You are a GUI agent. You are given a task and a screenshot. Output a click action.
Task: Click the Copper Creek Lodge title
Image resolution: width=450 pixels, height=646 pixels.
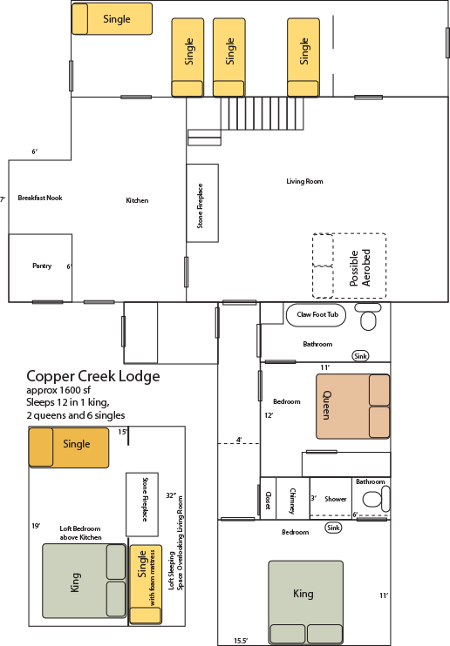coord(93,376)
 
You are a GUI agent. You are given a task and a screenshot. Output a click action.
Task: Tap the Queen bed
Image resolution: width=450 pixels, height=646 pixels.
coord(352,407)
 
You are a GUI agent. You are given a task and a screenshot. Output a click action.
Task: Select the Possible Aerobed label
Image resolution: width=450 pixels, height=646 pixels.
coord(359,268)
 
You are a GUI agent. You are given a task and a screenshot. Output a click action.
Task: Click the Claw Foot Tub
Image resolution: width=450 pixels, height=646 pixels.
coord(317,315)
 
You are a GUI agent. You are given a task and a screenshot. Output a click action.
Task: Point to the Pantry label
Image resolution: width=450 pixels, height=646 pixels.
coord(42,266)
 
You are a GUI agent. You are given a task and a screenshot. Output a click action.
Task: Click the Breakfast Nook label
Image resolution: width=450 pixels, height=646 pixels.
coord(40,198)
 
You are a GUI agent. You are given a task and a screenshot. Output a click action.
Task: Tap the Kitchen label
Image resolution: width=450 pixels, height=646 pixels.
coord(137,200)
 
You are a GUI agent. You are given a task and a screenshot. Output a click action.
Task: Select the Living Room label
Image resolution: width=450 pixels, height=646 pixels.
coord(304,181)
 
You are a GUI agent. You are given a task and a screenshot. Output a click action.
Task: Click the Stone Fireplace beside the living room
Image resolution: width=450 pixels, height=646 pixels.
coord(202,203)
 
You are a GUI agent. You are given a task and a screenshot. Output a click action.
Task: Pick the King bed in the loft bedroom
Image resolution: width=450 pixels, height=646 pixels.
coord(85,581)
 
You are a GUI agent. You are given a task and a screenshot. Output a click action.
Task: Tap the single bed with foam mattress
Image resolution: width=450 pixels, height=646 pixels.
coord(146,584)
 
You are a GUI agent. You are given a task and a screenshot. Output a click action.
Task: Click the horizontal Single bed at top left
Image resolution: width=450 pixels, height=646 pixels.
coord(112,19)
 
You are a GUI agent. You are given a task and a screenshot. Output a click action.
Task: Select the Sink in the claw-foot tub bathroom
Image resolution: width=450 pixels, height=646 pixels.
coord(360,356)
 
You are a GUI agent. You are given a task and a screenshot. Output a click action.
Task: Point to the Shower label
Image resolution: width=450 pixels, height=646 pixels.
coord(335,499)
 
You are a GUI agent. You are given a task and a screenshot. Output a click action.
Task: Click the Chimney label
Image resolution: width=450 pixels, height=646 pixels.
coord(292,501)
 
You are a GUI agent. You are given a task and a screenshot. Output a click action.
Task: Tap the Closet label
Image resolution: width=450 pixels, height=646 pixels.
coord(268,500)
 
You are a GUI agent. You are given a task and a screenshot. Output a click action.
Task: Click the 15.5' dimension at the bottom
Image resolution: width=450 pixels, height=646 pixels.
coord(241,641)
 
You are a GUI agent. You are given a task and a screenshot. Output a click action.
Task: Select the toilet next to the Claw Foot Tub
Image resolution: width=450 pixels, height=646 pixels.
coord(368,316)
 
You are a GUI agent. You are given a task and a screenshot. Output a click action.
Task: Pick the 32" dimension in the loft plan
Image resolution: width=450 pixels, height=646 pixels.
coord(171,495)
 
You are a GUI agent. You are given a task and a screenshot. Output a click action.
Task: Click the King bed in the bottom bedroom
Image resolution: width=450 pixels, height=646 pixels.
coord(305,602)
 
